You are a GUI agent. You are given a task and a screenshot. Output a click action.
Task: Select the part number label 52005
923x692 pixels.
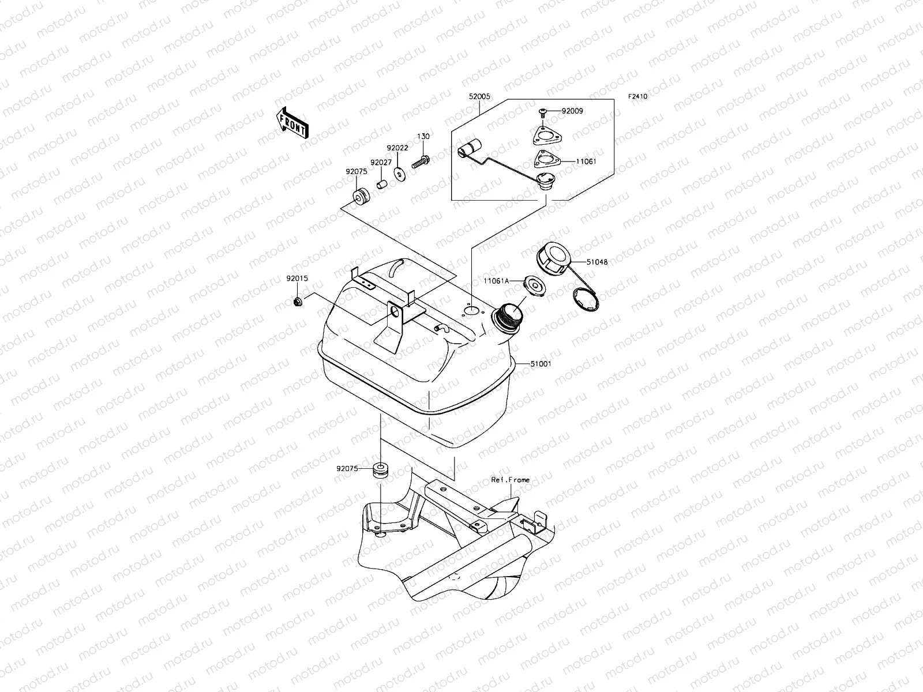coord(479,97)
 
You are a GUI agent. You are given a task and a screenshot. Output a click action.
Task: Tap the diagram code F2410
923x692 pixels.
coord(637,97)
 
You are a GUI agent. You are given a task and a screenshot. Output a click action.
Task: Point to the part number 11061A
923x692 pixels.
coord(496,281)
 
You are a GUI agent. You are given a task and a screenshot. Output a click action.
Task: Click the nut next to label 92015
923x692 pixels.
coord(298,302)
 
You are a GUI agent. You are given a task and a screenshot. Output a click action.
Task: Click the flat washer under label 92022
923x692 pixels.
coord(398,172)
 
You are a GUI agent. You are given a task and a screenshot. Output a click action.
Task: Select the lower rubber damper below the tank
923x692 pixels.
coord(380,470)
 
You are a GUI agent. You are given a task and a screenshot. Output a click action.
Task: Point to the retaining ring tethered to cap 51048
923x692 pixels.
coord(585,301)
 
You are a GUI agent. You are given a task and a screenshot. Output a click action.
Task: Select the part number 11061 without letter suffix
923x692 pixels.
coord(586,162)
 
